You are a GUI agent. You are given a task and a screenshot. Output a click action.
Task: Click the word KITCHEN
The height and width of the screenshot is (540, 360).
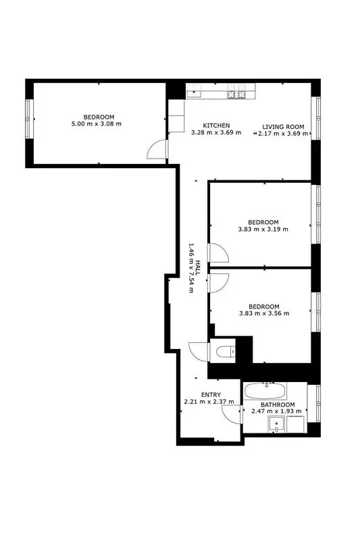pyautogui.click(x=216, y=126)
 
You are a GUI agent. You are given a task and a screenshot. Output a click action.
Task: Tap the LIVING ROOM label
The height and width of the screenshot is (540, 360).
pyautogui.click(x=283, y=127)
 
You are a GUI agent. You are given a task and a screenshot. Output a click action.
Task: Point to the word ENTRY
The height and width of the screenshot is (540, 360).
pyautogui.click(x=211, y=395)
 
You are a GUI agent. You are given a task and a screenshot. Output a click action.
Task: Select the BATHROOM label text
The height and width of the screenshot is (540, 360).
pyautogui.click(x=278, y=404)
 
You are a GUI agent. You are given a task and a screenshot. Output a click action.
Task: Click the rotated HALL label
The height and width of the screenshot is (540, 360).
pyautogui.click(x=198, y=268)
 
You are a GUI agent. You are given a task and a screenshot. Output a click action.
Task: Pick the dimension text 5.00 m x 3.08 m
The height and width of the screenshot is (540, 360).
pyautogui.click(x=97, y=124)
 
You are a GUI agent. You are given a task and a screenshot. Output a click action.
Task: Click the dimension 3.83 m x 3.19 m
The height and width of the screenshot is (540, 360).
pyautogui.click(x=263, y=229)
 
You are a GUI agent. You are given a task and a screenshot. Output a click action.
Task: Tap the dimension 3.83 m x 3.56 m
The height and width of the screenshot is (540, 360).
pyautogui.click(x=264, y=313)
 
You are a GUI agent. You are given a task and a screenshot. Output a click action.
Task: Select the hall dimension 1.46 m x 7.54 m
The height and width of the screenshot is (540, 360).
pyautogui.click(x=191, y=268)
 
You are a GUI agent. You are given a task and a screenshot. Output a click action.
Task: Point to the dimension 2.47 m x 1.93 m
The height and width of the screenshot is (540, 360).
pyautogui.click(x=277, y=411)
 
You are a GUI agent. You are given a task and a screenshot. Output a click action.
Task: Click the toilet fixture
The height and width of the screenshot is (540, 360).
pyautogui.click(x=225, y=352)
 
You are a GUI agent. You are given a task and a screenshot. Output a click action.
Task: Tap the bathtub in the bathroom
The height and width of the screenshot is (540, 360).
pyautogui.click(x=265, y=391)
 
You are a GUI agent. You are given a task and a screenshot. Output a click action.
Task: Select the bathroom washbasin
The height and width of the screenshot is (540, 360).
pyautogui.click(x=276, y=425)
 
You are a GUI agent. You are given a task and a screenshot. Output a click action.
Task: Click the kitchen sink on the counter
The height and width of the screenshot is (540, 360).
pyautogui.click(x=195, y=91)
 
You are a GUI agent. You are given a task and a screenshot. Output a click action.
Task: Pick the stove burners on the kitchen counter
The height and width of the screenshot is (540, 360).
pyautogui.click(x=236, y=94)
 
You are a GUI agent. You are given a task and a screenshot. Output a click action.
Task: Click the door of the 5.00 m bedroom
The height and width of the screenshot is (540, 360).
pyautogui.click(x=157, y=149)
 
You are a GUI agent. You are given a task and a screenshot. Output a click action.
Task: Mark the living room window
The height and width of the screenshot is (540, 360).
pyautogui.click(x=315, y=119)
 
